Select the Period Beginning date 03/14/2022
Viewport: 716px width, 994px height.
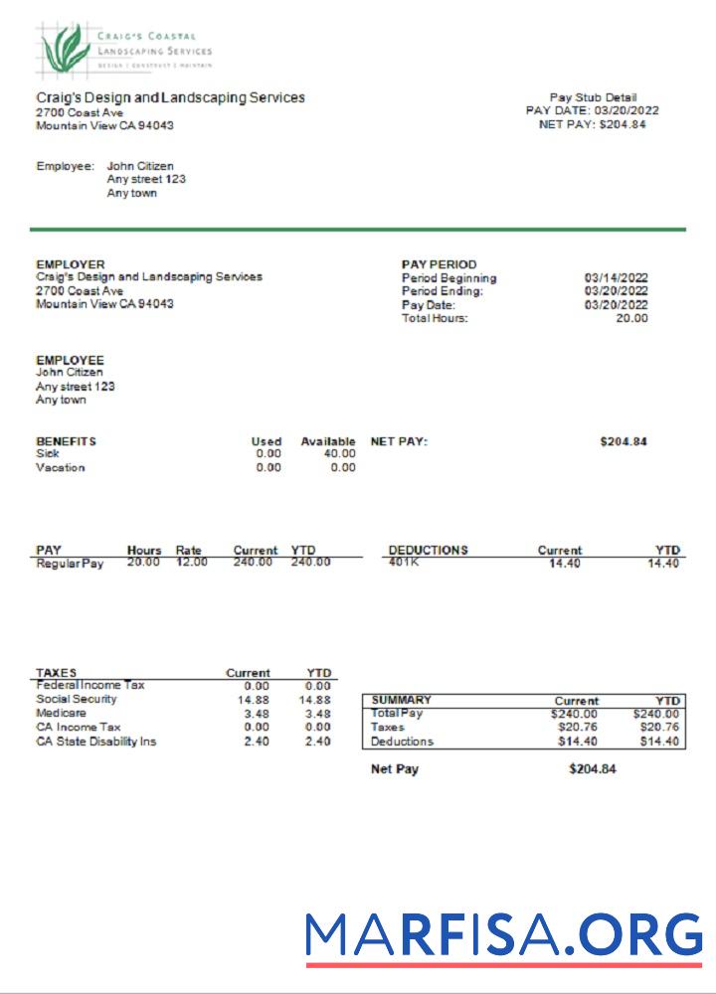(616, 278)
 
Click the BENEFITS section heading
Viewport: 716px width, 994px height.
(66, 441)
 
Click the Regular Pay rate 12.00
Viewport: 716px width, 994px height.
(191, 563)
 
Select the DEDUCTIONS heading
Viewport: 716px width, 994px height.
(428, 550)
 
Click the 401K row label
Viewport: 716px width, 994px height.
(405, 563)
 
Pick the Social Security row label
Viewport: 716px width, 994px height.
(77, 699)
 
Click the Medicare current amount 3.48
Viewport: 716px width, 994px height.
(257, 714)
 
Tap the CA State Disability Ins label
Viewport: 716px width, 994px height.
(95, 741)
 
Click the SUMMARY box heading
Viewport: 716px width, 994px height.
(401, 701)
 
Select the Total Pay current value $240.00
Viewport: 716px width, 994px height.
(576, 714)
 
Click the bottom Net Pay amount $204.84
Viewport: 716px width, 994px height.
(593, 769)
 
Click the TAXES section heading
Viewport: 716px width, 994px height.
(56, 673)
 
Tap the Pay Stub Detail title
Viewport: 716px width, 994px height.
(593, 97)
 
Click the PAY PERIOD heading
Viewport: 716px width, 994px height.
(439, 264)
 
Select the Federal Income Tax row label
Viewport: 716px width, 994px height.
(89, 685)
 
